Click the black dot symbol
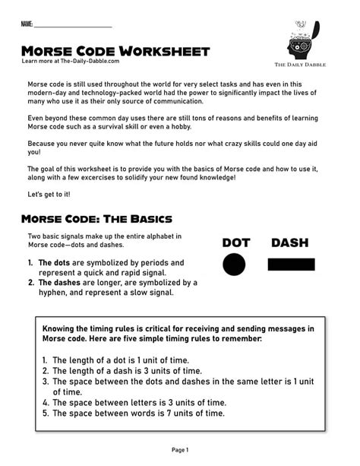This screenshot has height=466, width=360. click(235, 265)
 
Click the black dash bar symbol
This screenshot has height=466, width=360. click(291, 265)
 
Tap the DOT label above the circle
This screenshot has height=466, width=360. click(235, 243)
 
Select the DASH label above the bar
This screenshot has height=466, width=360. click(290, 243)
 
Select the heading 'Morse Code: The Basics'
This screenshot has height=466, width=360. click(96, 220)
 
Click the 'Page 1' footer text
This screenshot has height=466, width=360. click(180, 450)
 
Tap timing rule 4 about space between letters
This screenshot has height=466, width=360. click(134, 403)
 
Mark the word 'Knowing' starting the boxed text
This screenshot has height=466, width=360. click(61, 328)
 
